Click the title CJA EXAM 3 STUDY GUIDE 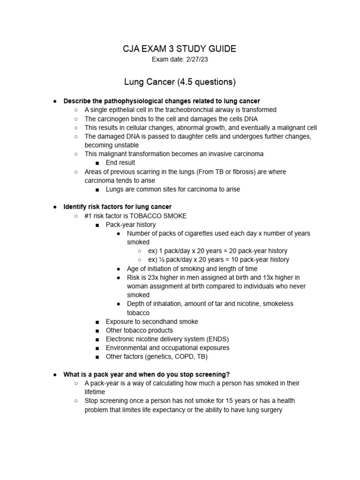[180, 49]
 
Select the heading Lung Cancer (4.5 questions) [180, 82]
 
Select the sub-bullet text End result [120, 163]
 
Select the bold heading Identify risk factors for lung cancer [118, 207]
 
